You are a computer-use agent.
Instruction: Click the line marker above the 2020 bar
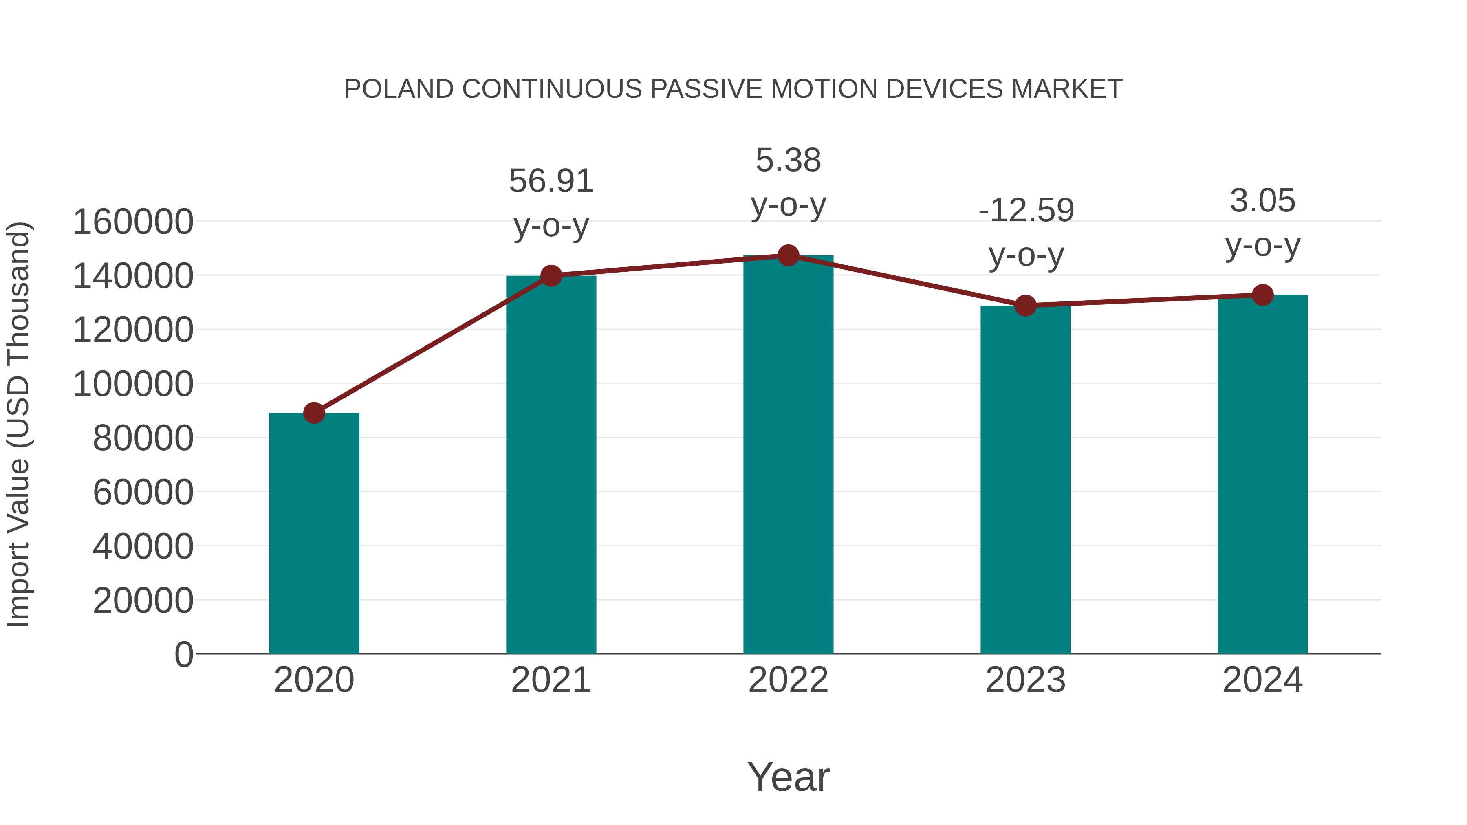pyautogui.click(x=314, y=413)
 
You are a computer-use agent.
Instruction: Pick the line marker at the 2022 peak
pyautogui.click(x=788, y=255)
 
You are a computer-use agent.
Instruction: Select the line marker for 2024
pyautogui.click(x=1262, y=295)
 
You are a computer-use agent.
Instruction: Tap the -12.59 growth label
pyautogui.click(x=1026, y=232)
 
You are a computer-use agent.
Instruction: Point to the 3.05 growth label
pyautogui.click(x=1262, y=222)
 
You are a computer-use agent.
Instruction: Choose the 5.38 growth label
pyautogui.click(x=788, y=182)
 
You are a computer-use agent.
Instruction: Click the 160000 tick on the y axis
pyautogui.click(x=133, y=222)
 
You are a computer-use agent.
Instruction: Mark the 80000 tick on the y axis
pyautogui.click(x=143, y=438)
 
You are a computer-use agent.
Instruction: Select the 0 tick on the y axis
pyautogui.click(x=184, y=654)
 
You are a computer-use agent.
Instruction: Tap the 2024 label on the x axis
pyautogui.click(x=1262, y=680)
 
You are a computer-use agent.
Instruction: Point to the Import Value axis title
pyautogui.click(x=18, y=424)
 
